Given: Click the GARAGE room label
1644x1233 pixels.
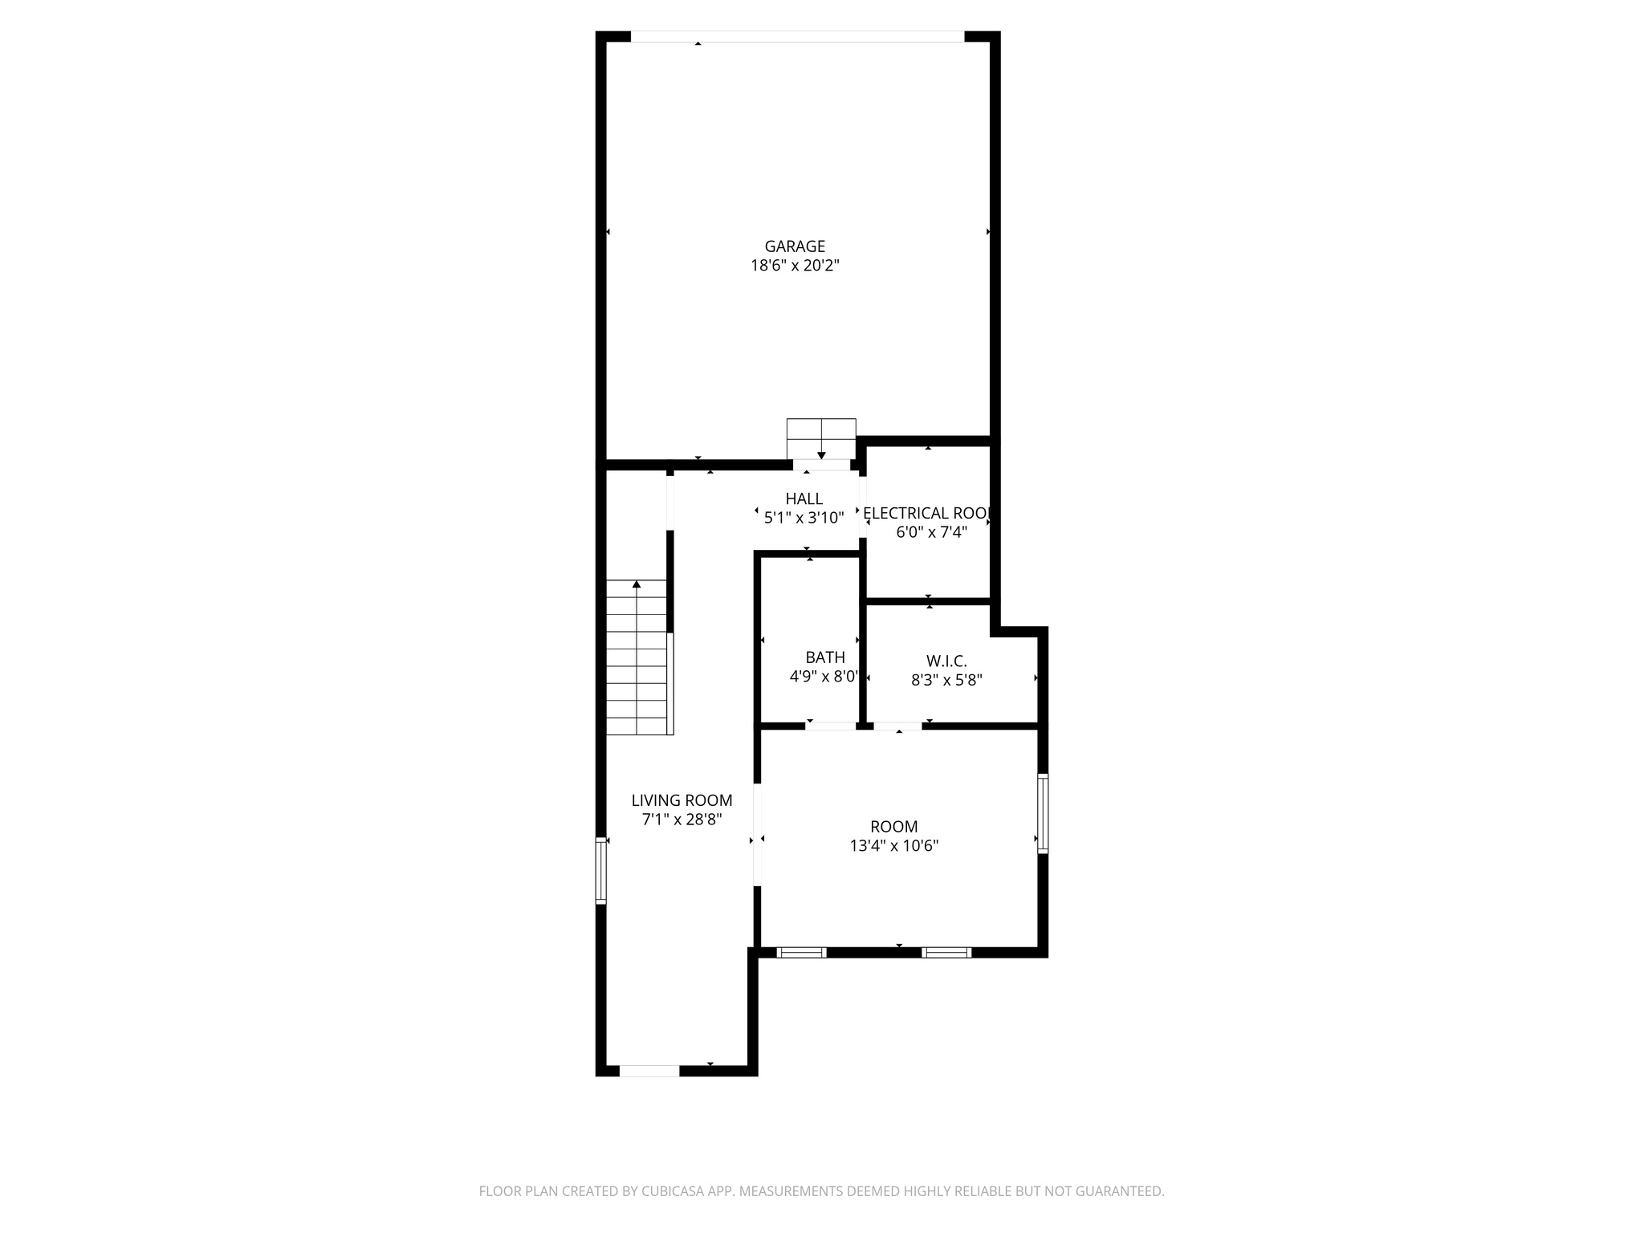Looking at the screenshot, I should click(795, 246).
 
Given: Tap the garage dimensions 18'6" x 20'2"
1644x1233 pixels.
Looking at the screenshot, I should click(795, 266).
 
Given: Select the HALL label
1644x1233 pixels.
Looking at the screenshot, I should click(804, 498).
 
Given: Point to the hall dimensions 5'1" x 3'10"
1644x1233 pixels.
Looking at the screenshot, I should click(804, 518).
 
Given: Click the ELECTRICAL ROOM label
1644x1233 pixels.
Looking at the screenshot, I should click(928, 513).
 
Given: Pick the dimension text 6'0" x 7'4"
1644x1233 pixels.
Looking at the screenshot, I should click(931, 532).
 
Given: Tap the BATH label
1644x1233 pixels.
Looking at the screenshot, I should click(825, 658).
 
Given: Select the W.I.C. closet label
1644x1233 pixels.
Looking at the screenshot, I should click(946, 661).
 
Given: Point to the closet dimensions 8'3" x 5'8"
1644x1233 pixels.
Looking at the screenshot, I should click(946, 680).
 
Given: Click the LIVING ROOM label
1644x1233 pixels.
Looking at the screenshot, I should click(682, 800).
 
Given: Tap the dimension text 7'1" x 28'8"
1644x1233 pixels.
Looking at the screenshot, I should click(682, 820).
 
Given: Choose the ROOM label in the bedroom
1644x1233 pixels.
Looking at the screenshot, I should click(893, 827).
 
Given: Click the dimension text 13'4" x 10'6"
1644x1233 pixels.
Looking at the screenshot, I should click(893, 845).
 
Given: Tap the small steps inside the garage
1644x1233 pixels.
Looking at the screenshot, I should click(820, 438).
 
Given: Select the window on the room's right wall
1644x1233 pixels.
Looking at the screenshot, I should click(1042, 812).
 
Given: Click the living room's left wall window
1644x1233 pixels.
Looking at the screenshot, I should click(600, 870).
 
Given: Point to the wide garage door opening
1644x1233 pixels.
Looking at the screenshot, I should click(797, 36).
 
